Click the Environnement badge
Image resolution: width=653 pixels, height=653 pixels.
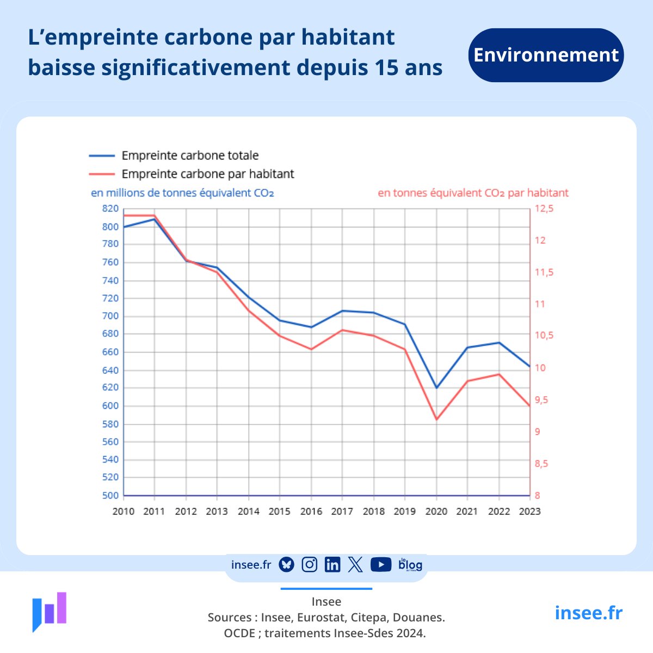[x=546, y=55]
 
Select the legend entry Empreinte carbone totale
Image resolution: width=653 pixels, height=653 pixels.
[x=190, y=156]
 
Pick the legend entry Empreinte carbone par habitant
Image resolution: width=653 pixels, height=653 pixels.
[x=207, y=174]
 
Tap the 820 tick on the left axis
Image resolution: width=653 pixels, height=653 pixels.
[x=110, y=208]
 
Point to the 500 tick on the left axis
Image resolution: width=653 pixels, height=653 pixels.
[x=110, y=496]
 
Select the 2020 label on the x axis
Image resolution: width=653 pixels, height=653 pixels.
[x=436, y=512]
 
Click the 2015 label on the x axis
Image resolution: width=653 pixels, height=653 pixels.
[x=280, y=512]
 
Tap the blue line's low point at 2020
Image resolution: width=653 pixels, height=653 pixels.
[x=436, y=388]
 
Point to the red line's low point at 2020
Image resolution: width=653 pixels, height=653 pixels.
[x=436, y=420]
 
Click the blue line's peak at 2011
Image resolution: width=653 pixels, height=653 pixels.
[x=155, y=219]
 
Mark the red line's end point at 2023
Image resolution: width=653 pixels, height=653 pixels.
[x=529, y=406]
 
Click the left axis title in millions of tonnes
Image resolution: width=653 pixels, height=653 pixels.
[x=182, y=193]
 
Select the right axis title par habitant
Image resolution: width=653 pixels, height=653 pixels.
[x=473, y=193]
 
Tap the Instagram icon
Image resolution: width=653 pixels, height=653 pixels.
[x=309, y=565]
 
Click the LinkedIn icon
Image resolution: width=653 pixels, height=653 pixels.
[x=332, y=565]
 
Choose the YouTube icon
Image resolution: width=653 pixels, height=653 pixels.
[x=381, y=565]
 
